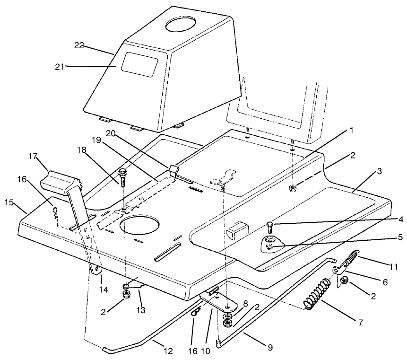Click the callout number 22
click(79, 45)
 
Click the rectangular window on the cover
click(139, 64)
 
